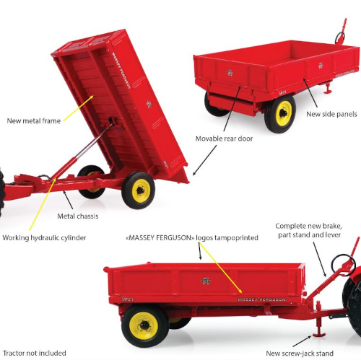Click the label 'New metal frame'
(x=34, y=120)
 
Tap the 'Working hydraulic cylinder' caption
(x=44, y=238)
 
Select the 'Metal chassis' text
(x=78, y=216)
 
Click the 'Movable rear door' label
(x=224, y=139)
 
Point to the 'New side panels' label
(x=331, y=114)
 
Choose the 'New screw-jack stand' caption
(x=300, y=354)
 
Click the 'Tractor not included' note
(x=35, y=353)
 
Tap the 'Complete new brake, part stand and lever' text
(x=309, y=230)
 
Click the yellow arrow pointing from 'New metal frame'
(x=79, y=108)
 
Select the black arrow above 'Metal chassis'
(x=68, y=200)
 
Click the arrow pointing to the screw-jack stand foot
(x=302, y=341)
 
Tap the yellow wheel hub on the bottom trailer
(x=144, y=325)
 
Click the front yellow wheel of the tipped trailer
(x=138, y=190)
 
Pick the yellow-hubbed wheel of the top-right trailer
(x=280, y=113)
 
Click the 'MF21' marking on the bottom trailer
(x=127, y=299)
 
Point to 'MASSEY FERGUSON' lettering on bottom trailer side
(x=261, y=299)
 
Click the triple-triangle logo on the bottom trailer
(x=206, y=281)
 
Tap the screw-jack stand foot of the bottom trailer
(x=319, y=335)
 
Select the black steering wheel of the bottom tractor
(x=344, y=265)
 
